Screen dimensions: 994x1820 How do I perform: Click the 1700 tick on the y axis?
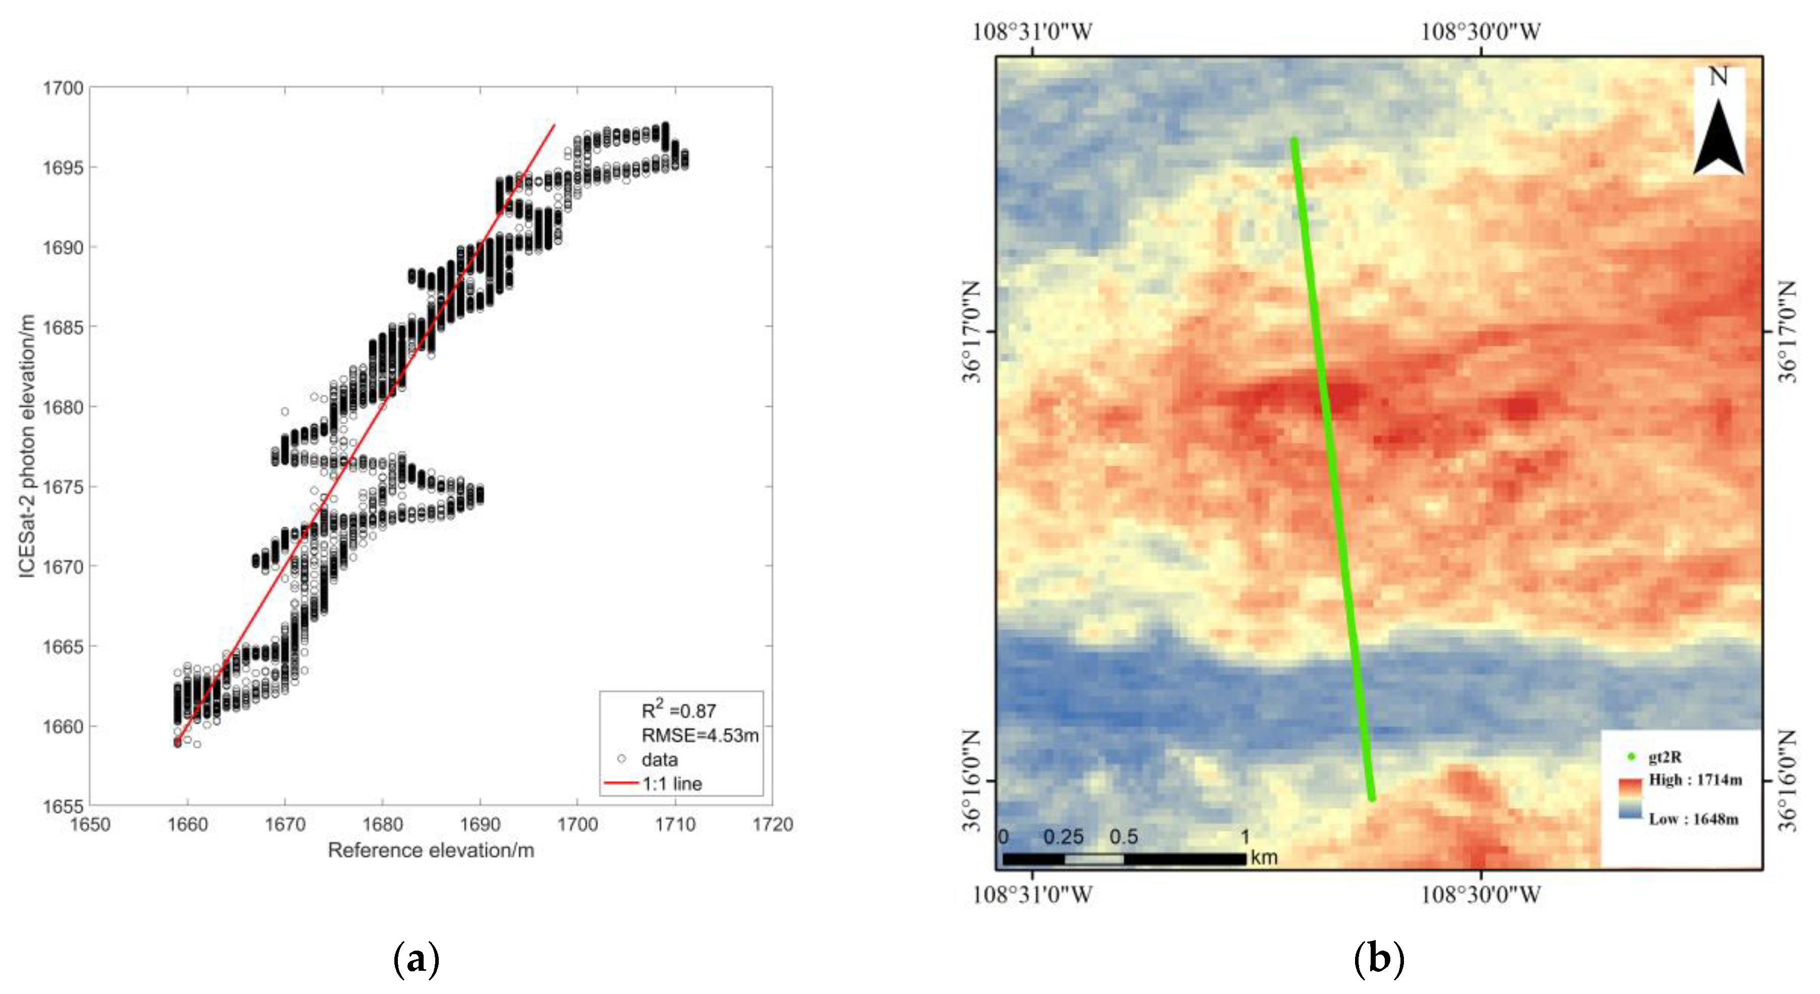[x=63, y=88]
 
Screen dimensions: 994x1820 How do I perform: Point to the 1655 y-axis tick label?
[x=63, y=806]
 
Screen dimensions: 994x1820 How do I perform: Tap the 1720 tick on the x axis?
[x=772, y=824]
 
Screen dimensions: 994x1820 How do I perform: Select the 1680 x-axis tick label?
[x=382, y=824]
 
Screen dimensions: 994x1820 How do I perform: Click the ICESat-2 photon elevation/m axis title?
[x=27, y=446]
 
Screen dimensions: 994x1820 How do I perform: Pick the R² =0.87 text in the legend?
[x=678, y=710]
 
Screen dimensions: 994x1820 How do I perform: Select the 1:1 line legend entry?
[x=671, y=783]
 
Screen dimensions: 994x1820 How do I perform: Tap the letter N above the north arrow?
[x=1718, y=76]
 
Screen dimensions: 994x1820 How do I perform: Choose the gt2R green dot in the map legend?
[x=1631, y=756]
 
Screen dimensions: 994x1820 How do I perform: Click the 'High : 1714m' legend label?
[x=1695, y=780]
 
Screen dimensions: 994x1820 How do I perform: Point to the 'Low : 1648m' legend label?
[x=1693, y=819]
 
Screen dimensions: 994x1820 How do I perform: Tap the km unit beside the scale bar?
[x=1264, y=858]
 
